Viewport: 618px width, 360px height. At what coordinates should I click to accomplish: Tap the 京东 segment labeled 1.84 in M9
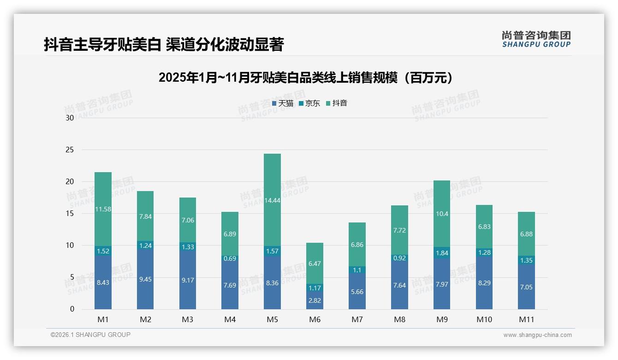tap(441, 253)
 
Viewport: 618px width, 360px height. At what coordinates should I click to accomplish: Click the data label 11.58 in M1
tap(103, 209)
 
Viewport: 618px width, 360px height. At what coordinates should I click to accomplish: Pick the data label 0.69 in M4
tap(230, 258)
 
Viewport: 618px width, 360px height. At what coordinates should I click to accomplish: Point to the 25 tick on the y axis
tap(70, 150)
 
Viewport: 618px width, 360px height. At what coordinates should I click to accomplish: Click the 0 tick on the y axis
tap(72, 309)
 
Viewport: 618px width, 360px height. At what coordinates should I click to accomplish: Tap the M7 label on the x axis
tap(357, 320)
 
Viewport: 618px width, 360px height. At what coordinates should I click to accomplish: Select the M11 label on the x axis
tap(526, 320)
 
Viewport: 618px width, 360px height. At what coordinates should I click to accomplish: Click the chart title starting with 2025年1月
tap(305, 78)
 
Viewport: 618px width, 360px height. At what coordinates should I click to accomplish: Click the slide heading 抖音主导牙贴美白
tap(163, 44)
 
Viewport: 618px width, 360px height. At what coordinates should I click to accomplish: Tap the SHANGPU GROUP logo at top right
tap(536, 39)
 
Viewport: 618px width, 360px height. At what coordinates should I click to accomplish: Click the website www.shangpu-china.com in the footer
tap(537, 335)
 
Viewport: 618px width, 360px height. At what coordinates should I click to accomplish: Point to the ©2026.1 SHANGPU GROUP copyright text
tap(90, 335)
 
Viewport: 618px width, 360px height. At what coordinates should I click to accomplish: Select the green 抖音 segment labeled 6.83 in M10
tap(484, 226)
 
